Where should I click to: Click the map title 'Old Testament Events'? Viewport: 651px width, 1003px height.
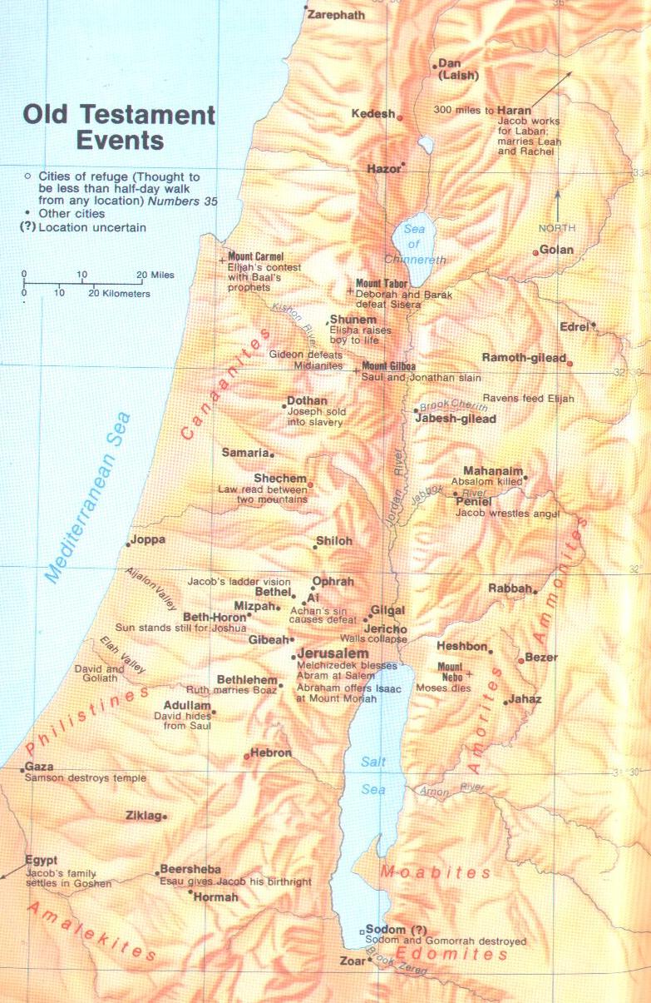[x=119, y=127]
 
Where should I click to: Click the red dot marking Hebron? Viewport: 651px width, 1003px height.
[x=246, y=757]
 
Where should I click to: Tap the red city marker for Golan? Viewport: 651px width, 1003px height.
[x=535, y=252]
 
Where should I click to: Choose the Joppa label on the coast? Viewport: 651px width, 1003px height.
[x=149, y=540]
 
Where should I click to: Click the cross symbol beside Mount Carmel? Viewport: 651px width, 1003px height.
[x=221, y=261]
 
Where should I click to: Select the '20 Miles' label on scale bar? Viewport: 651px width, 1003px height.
[x=156, y=275]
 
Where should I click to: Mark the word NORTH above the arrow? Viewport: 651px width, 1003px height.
[x=557, y=228]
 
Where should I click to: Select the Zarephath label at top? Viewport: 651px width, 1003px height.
[x=336, y=15]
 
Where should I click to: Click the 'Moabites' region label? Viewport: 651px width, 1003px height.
[x=436, y=873]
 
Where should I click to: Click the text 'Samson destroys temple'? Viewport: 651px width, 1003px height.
[x=86, y=778]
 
